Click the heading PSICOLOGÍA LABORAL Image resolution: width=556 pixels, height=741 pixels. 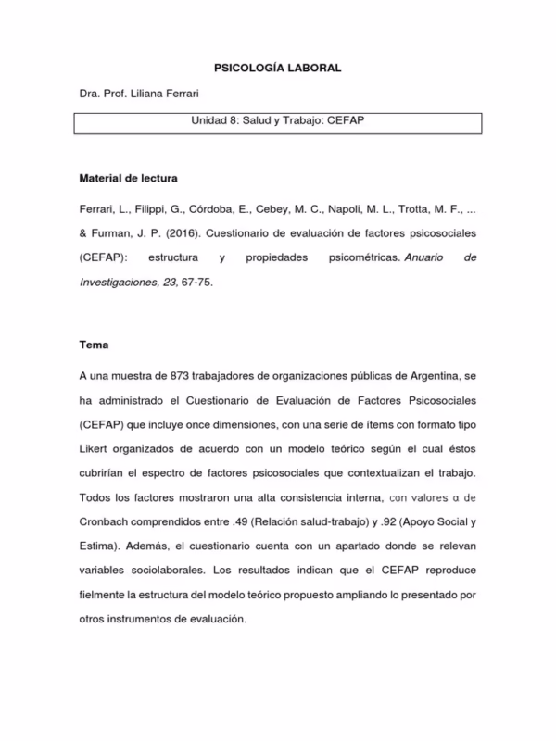[x=278, y=69]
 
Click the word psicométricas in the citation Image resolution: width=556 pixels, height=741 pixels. [x=355, y=257]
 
